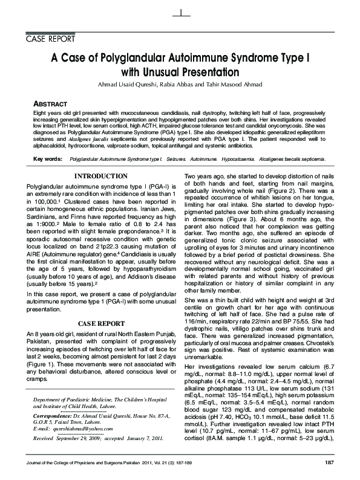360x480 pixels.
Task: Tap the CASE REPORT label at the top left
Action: point(49,39)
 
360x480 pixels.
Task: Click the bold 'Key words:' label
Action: point(48,158)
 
